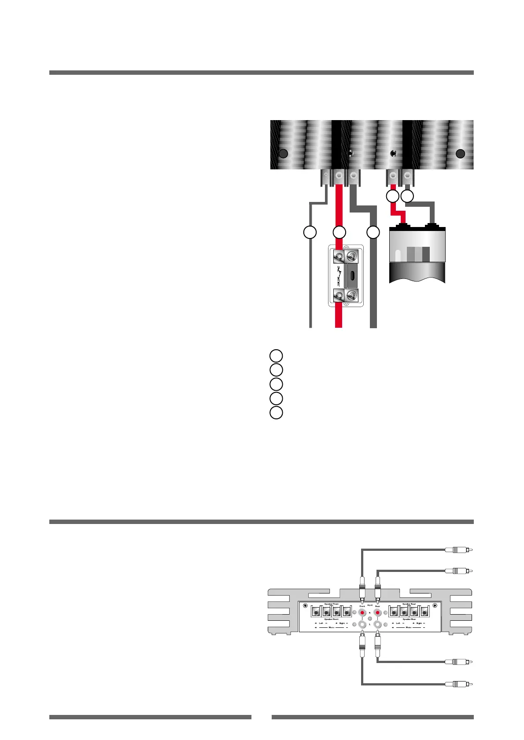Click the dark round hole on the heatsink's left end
(x=284, y=154)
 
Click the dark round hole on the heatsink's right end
(x=460, y=154)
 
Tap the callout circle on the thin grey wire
(x=310, y=232)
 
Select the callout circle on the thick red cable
(x=339, y=232)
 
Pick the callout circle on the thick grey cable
(x=373, y=232)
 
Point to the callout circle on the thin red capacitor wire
(x=392, y=196)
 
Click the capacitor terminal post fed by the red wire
(x=400, y=226)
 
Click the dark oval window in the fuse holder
(x=353, y=275)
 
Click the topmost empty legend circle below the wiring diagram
(x=276, y=355)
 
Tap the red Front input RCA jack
(x=362, y=612)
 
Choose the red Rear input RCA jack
(x=377, y=612)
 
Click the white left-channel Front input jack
(x=362, y=624)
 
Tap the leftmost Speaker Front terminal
(x=316, y=612)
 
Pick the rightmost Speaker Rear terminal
(x=424, y=612)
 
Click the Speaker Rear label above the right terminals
(x=409, y=604)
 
